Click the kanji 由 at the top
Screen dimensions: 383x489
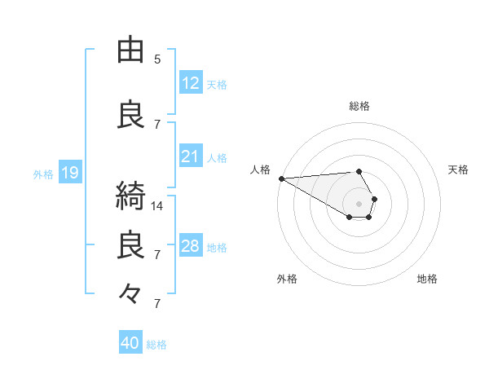tap(132, 51)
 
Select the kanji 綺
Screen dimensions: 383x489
tap(132, 196)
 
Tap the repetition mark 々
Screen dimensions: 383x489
tap(130, 292)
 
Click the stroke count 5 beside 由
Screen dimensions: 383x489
tap(157, 59)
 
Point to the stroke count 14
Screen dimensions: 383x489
tap(157, 206)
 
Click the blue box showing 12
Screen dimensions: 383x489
tap(190, 82)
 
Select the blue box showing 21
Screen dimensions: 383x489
tap(190, 156)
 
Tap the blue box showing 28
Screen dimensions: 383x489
tap(190, 246)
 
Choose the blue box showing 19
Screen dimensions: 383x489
tap(69, 173)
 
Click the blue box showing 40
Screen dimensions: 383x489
tap(130, 343)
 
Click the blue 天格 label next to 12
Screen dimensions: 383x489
tap(217, 84)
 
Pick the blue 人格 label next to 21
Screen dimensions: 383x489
tap(217, 157)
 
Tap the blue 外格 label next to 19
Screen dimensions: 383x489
tap(43, 174)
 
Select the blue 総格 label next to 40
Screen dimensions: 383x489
tap(156, 345)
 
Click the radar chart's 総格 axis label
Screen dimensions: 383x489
tap(359, 106)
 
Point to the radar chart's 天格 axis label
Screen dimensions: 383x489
tap(458, 169)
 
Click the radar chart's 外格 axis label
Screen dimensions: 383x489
tap(287, 279)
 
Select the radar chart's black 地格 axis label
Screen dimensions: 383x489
tap(427, 279)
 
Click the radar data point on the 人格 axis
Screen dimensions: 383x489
tap(281, 178)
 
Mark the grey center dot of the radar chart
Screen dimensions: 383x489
tap(359, 203)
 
